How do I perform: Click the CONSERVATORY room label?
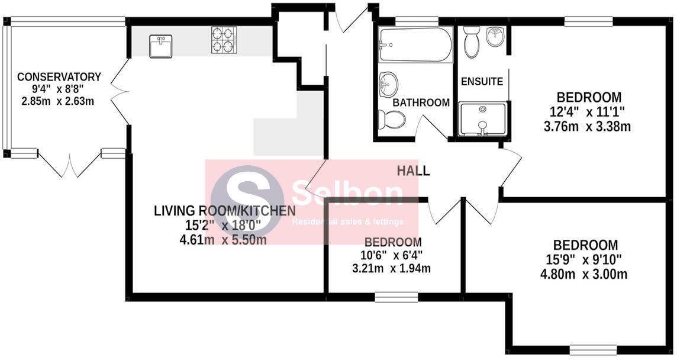(x=59, y=77)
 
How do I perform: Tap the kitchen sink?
(x=160, y=46)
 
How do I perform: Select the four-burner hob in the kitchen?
(x=224, y=40)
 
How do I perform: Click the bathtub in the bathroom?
(x=415, y=45)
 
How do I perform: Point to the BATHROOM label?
(x=421, y=102)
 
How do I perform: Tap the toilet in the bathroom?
(x=392, y=120)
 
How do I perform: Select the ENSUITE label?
(x=482, y=82)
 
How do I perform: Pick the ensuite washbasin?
(x=495, y=37)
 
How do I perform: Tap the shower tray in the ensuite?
(x=483, y=119)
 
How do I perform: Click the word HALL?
(x=414, y=172)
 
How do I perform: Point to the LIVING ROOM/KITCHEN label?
(x=224, y=211)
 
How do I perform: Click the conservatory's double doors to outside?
(x=70, y=164)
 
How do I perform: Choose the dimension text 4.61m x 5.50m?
(x=219, y=240)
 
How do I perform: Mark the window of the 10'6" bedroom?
(x=396, y=297)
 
